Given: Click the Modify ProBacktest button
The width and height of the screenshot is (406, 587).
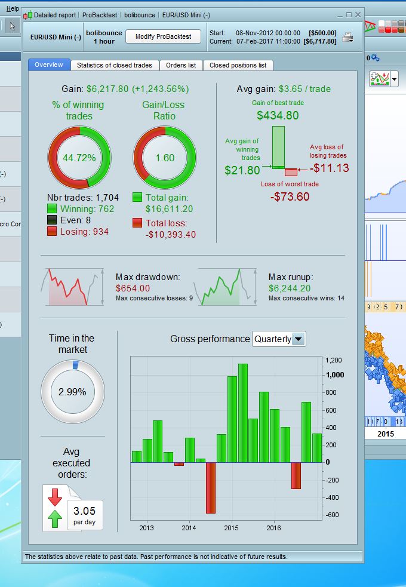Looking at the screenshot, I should (x=163, y=36).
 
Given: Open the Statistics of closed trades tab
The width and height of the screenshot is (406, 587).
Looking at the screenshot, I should (x=115, y=65).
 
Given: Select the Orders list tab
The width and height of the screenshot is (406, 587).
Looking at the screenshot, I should (x=180, y=65).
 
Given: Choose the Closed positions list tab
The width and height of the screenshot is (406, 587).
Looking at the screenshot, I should (x=238, y=65).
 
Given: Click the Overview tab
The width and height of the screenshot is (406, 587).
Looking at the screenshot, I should (x=49, y=65).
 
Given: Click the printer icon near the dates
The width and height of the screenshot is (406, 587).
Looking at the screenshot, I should (x=348, y=38).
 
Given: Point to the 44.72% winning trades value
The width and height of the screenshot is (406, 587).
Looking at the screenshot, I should (x=79, y=158).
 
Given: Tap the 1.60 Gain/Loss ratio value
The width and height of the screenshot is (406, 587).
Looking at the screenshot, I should (x=164, y=158).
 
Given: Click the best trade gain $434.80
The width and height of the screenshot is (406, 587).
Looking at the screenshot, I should (x=278, y=115).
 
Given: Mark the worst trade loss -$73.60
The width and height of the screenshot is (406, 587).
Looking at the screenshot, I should (x=290, y=196).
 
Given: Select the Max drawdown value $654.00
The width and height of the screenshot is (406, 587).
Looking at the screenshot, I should (x=133, y=288).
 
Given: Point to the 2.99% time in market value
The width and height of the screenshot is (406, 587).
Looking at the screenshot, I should (x=72, y=392).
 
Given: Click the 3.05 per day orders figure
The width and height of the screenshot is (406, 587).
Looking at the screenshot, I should (x=84, y=512).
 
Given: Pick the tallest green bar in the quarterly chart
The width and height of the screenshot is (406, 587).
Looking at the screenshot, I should (x=242, y=413).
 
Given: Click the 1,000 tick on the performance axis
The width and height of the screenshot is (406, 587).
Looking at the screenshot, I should (x=333, y=374).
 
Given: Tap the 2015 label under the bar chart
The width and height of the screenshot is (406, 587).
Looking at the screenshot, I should (x=231, y=528).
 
